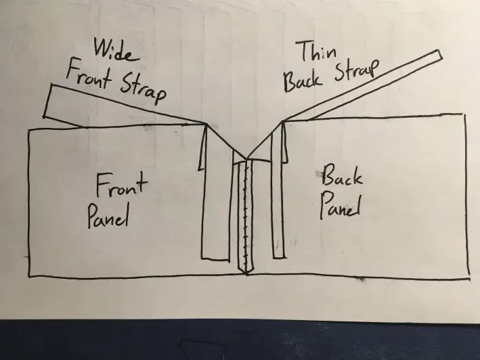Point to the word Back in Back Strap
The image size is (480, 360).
pos(303,81)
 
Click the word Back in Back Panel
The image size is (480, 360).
pos(341,178)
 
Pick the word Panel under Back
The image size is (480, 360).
pos(339,204)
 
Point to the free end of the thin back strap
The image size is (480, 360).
pos(439,58)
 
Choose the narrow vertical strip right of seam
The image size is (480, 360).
pos(276,203)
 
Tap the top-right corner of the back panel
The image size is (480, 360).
pos(465,116)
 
